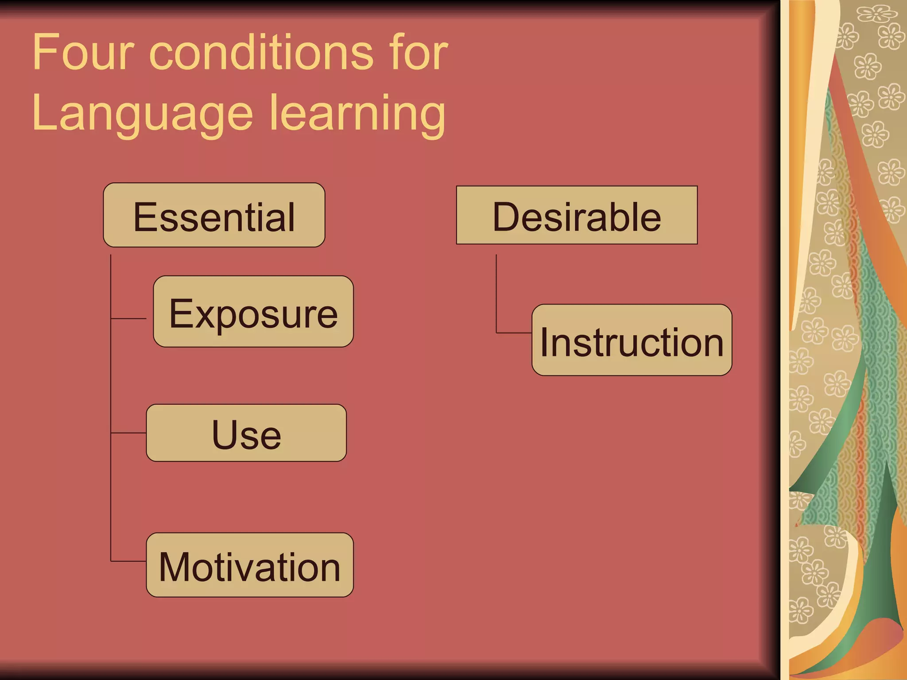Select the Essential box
214,215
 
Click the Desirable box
577,215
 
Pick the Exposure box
253,312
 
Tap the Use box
246,433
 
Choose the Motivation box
250,565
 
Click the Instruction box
632,340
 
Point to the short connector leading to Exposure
128,318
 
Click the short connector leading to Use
128,433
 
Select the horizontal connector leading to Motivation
128,561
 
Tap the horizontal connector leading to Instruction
514,332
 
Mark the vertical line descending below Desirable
496,292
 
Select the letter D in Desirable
506,216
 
